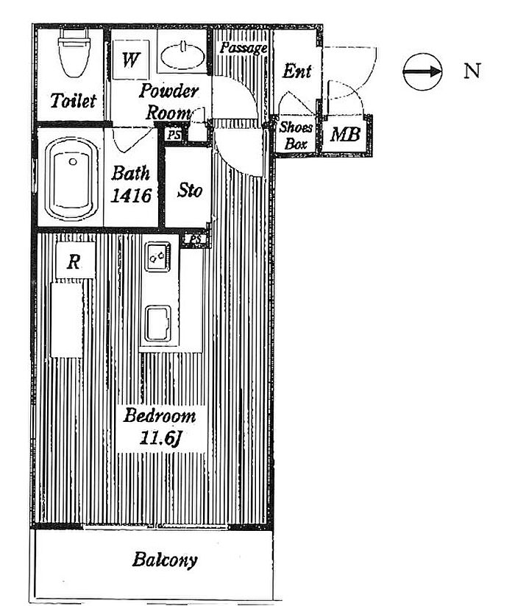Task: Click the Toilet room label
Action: point(73,101)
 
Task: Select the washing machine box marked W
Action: point(130,60)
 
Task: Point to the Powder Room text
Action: point(168,102)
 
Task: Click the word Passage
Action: point(244,48)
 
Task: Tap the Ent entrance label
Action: point(296,71)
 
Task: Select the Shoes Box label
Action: point(295,135)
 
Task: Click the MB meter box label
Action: point(345,135)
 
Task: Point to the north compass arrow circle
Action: point(422,71)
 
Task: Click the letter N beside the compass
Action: point(472,71)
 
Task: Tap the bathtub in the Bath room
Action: point(71,180)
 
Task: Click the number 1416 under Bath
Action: point(131,196)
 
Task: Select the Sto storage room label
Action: point(189,190)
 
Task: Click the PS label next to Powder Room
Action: point(174,135)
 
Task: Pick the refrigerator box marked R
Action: point(75,261)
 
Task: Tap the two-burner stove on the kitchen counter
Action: point(157,257)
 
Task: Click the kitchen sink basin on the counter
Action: point(158,323)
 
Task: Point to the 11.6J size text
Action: point(160,438)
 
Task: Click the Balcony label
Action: point(165,560)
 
